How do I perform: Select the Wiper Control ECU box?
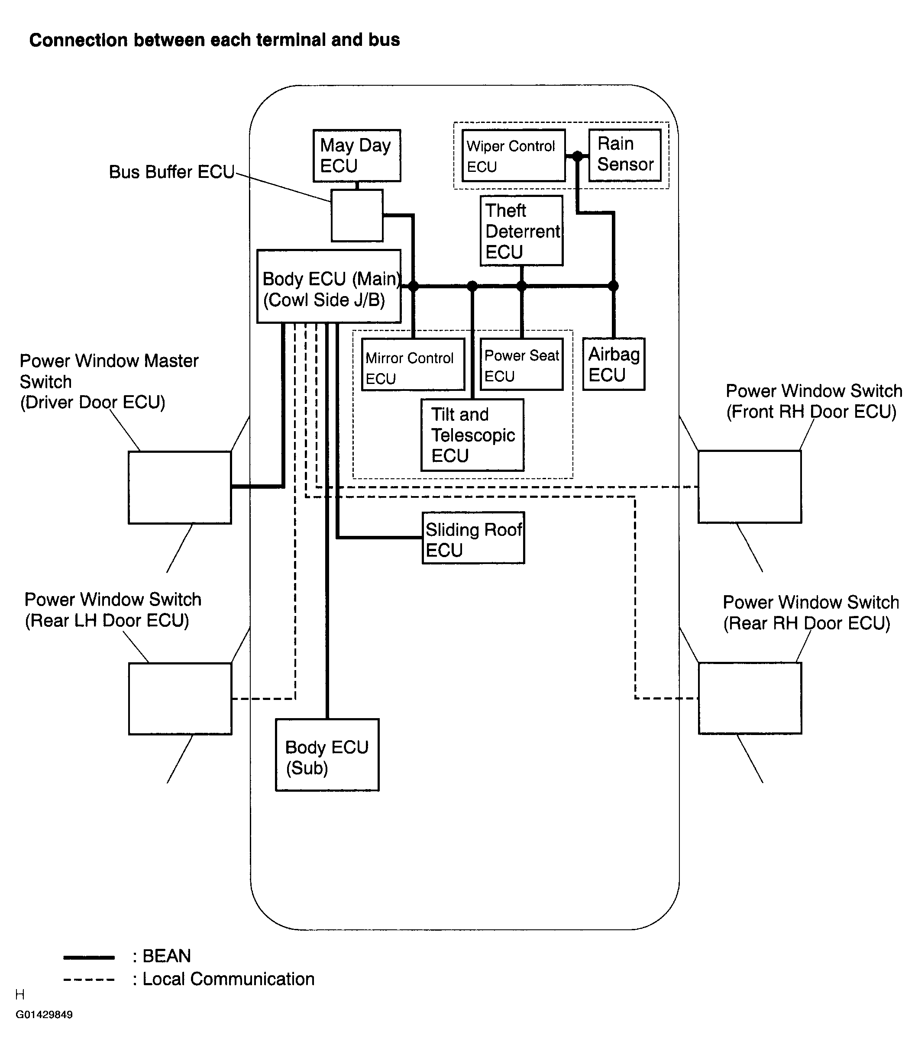(x=513, y=155)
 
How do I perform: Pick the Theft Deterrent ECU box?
(x=521, y=230)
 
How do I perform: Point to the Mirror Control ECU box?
(x=414, y=364)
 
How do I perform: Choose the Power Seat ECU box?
(x=521, y=364)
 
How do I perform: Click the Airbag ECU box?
(x=614, y=364)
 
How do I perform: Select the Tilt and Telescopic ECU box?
(x=472, y=435)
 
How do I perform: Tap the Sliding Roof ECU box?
(x=473, y=538)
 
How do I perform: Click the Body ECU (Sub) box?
(x=327, y=755)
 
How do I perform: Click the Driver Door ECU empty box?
(x=180, y=487)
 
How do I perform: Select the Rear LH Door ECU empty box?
(x=180, y=699)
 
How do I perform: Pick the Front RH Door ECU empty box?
(x=750, y=487)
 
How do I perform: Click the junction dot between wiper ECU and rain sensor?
(x=577, y=156)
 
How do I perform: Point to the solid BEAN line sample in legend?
(x=89, y=957)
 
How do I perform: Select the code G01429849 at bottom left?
(x=44, y=1015)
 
